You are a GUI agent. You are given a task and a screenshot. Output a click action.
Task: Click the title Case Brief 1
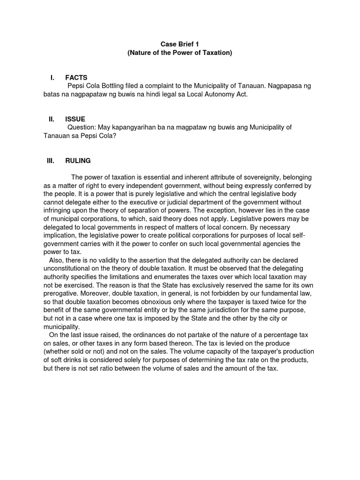point(180,44)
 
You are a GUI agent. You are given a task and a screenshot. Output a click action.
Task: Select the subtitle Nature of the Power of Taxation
point(180,53)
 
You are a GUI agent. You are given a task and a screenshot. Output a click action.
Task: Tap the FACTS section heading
point(76,77)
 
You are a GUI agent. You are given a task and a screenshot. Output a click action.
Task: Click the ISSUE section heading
point(75,119)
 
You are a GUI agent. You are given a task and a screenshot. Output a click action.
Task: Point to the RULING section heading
point(78,161)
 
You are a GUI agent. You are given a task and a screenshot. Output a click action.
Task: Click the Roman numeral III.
point(51,161)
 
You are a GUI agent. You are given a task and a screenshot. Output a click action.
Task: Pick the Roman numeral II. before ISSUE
point(52,119)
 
